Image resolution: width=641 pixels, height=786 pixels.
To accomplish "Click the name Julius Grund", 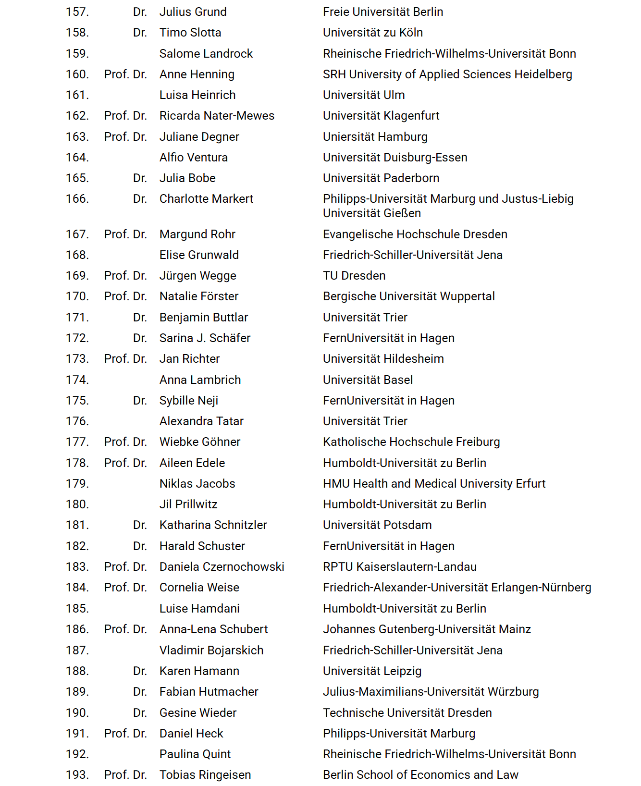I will pos(193,12).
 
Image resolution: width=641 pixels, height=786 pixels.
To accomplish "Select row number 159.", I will pos(77,54).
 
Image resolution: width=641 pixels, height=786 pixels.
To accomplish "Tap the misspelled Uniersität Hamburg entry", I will pos(375,137).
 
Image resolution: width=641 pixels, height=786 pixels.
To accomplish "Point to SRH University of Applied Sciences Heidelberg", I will pos(447,74).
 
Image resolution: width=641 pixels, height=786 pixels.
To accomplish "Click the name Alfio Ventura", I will pos(193,158).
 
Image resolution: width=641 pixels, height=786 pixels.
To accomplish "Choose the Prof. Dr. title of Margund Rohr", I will pos(125,234).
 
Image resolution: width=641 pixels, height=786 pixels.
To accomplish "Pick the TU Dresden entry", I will pos(354,276).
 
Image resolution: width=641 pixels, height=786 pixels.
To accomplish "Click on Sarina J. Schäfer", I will pos(205,338).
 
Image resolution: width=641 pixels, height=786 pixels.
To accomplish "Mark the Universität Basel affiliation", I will pos(368,380).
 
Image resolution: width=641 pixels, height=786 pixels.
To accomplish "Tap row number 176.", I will pos(77,421).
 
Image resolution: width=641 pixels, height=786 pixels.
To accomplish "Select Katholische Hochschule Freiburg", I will pos(411,442).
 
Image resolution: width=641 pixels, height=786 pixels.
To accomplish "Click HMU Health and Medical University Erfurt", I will pos(434,484).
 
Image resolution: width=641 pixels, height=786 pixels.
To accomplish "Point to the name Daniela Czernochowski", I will pos(222,567).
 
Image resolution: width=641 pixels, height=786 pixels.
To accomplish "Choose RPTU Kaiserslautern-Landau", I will pos(399,567).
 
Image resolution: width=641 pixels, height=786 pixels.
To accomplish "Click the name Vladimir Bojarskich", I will pos(211,651).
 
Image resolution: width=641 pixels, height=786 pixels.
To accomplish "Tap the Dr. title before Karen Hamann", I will pos(140,671).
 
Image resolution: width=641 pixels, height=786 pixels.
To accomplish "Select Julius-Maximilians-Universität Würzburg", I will pos(431,692).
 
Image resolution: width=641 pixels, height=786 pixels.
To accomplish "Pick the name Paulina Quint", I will pos(195,754).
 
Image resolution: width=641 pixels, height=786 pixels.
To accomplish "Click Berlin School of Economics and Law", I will pos(420,775).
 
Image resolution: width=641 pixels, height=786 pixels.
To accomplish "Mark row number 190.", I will pos(77,713).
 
